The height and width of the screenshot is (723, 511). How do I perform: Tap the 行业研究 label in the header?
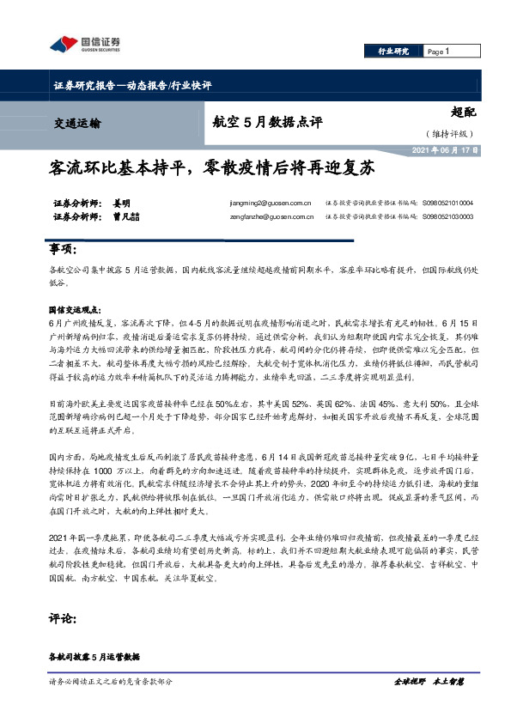click(395, 52)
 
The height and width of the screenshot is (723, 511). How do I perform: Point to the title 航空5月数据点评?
click(267, 122)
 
